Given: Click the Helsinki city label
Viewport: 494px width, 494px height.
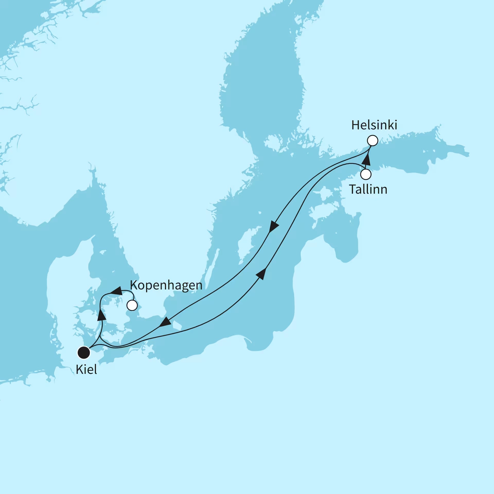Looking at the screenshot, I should click(374, 125).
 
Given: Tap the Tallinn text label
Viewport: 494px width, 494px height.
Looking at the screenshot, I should click(368, 190).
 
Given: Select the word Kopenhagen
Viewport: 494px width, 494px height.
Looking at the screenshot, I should click(166, 285).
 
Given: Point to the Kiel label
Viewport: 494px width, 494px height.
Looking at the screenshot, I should click(86, 370).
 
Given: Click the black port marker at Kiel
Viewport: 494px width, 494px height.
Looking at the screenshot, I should click(84, 352).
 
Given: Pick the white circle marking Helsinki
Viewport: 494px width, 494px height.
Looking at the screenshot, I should click(372, 141).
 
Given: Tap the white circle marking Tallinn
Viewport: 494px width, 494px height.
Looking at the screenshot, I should click(366, 174).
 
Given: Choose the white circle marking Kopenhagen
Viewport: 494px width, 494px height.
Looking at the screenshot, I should click(132, 305).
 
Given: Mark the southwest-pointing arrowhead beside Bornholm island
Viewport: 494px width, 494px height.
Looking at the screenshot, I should click(165, 322).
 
